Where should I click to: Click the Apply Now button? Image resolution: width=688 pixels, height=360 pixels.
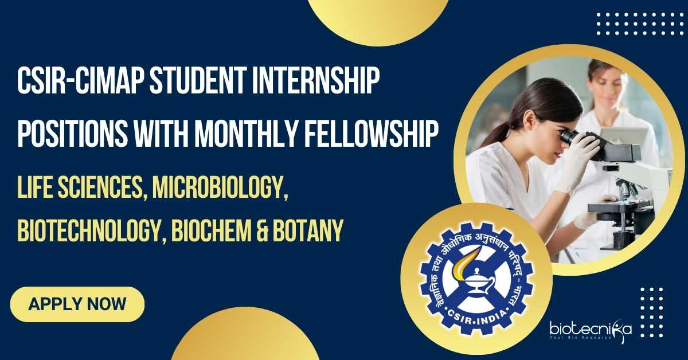click(77, 304)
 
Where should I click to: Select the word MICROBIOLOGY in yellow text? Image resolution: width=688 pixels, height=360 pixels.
click(221, 187)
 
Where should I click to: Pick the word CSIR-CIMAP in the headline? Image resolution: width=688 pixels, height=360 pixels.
click(81, 82)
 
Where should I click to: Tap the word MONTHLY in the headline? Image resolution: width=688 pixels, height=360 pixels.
click(247, 134)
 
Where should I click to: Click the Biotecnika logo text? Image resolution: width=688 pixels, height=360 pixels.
click(591, 328)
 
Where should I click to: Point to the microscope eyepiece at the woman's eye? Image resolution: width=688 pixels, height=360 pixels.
click(568, 138)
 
